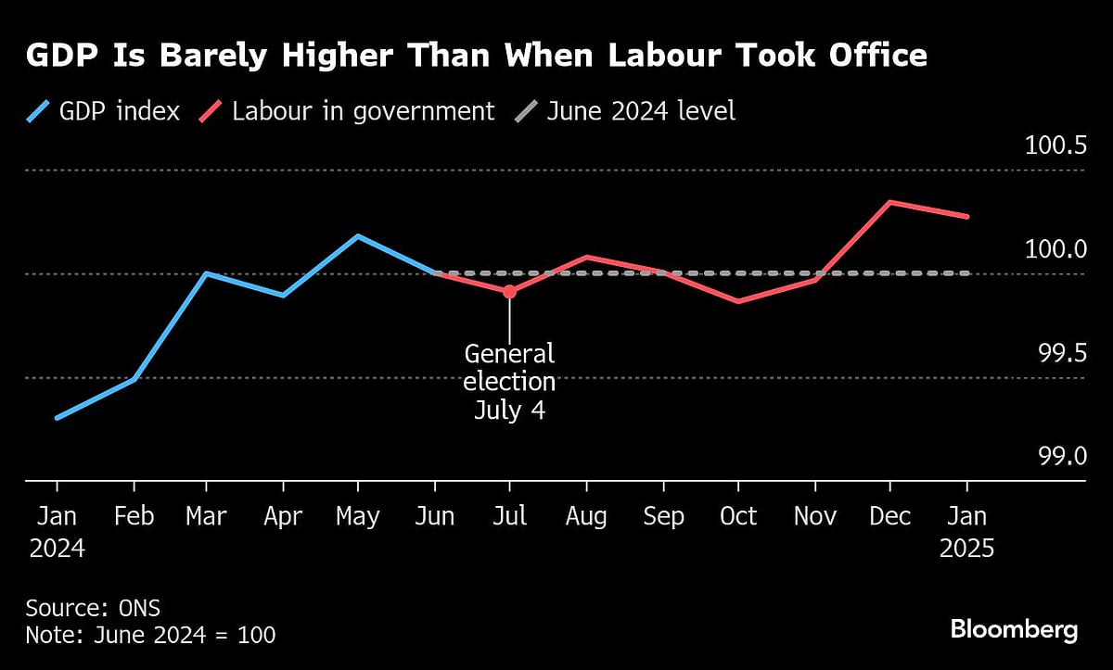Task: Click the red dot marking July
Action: pos(509,291)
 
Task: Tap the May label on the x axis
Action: pos(357,516)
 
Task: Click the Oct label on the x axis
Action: pos(738,516)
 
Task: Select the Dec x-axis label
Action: pos(889,516)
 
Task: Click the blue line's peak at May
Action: pos(358,235)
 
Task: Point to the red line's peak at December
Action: pos(890,201)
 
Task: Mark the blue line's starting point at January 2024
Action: pos(58,418)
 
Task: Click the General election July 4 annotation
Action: pos(509,382)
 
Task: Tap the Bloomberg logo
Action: pos(1014,630)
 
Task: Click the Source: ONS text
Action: pos(93,609)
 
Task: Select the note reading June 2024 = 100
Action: pos(150,636)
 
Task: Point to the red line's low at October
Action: pos(738,301)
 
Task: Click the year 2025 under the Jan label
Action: pos(966,549)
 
